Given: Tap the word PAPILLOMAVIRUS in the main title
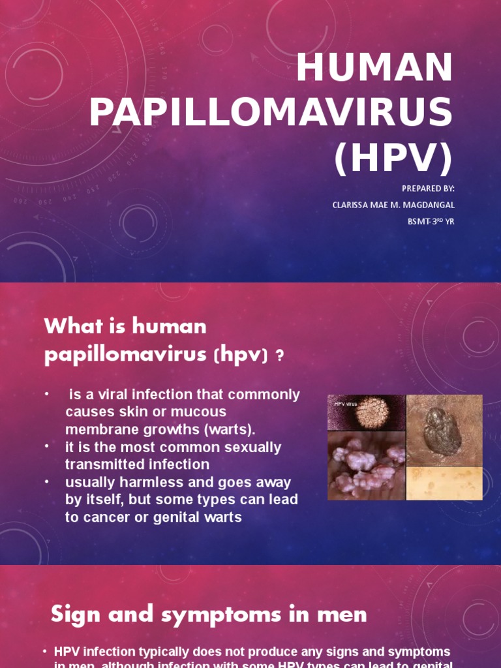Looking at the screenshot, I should [x=271, y=112].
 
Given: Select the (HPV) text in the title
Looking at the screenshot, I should [x=393, y=157].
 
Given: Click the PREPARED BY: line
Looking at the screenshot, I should [x=428, y=189].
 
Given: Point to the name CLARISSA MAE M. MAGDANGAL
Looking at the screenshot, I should [x=393, y=205].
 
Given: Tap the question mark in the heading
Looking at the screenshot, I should [x=281, y=355].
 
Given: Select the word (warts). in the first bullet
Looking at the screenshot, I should [x=225, y=430].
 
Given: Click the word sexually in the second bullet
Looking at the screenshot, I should [x=245, y=448].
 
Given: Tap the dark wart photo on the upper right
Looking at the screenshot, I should [x=444, y=429].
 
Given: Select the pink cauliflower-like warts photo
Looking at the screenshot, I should [x=366, y=466].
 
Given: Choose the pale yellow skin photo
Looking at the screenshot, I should [x=444, y=483].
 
